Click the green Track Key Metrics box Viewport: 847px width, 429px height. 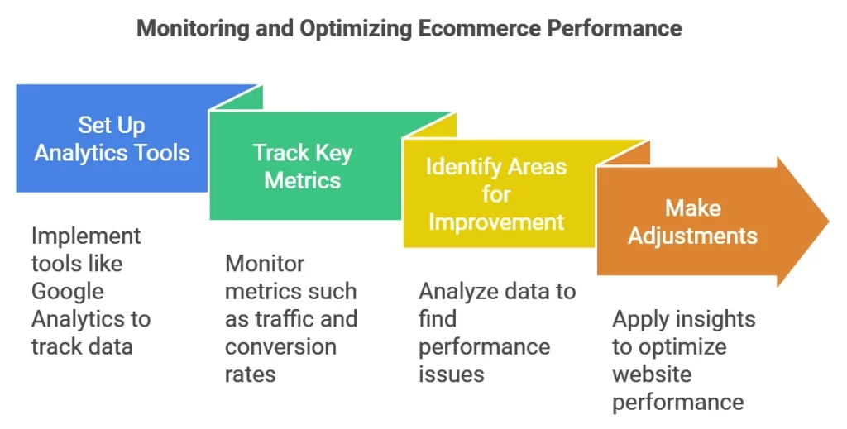pyautogui.click(x=303, y=166)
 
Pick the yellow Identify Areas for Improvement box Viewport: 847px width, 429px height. pyautogui.click(x=496, y=194)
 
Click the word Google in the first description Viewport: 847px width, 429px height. pyautogui.click(x=68, y=291)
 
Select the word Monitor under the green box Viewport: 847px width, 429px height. pyautogui.click(x=265, y=264)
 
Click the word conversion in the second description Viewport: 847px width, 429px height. pyautogui.click(x=280, y=346)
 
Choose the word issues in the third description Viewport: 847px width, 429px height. pyautogui.click(x=451, y=374)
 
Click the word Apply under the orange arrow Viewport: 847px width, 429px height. pyautogui.click(x=640, y=319)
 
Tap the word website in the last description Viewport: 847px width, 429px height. pyautogui.click(x=652, y=374)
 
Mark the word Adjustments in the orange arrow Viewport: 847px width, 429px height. pyautogui.click(x=692, y=236)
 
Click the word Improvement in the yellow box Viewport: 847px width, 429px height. pyautogui.click(x=496, y=222)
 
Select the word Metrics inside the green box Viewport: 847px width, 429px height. pyautogui.click(x=303, y=180)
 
